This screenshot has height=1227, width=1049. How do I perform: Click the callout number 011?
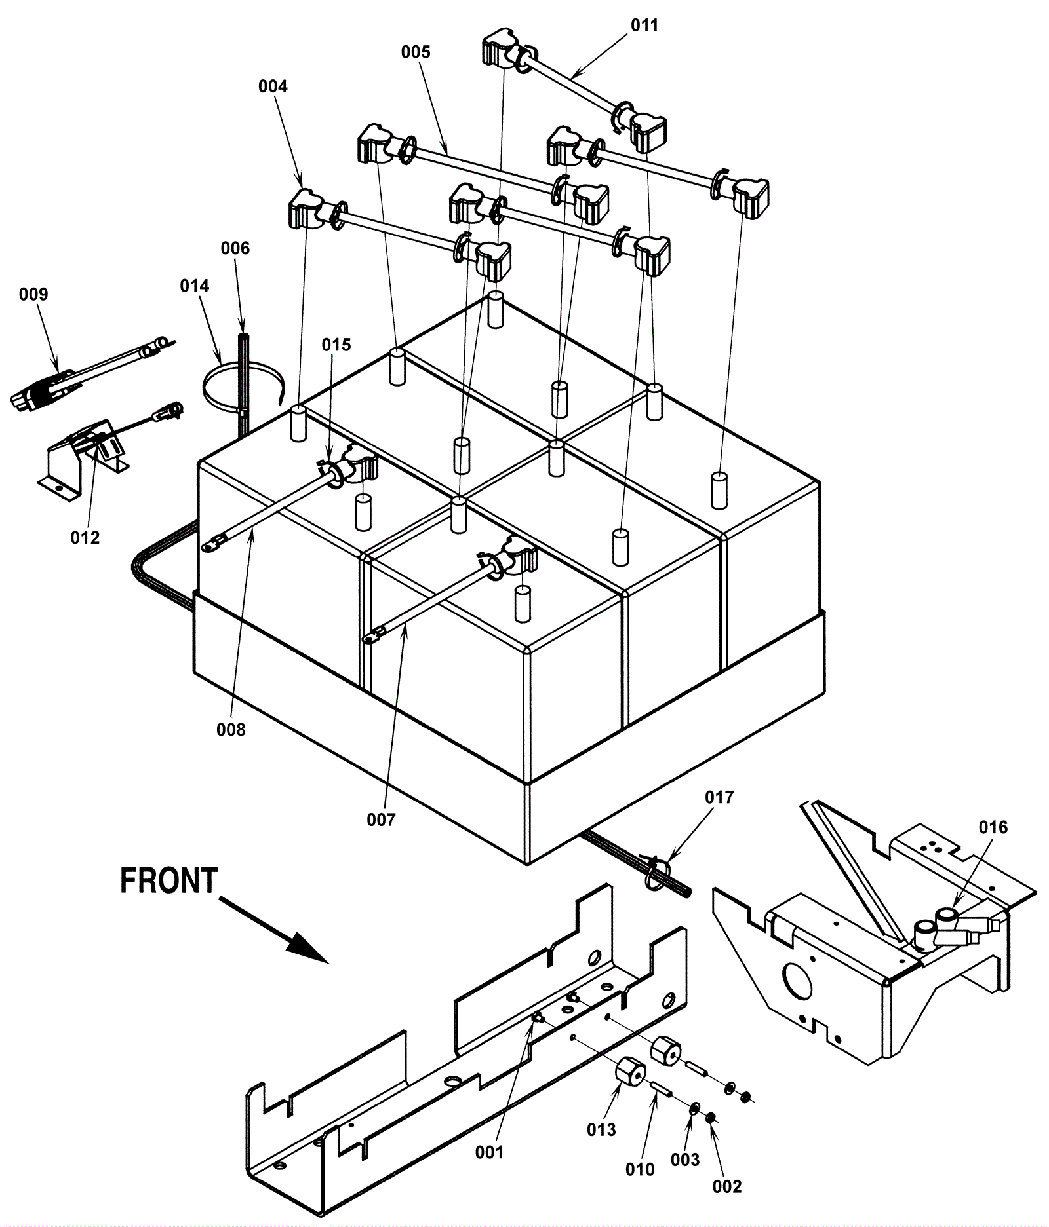point(644,26)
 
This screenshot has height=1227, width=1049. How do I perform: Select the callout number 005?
point(416,52)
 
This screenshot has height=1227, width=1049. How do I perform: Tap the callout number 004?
point(273,86)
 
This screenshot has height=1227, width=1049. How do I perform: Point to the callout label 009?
point(33,295)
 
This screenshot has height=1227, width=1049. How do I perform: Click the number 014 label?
point(195,286)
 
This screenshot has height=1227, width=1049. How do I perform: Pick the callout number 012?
point(85,538)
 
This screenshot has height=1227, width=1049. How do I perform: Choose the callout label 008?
point(231,729)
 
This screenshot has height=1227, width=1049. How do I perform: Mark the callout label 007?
point(382,820)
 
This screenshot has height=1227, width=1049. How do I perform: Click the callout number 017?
point(719,797)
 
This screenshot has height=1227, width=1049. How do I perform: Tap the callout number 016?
point(993,827)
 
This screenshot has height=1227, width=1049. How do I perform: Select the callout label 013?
point(602,1129)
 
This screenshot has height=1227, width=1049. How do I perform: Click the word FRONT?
point(168,880)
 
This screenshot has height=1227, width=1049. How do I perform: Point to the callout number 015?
point(336,345)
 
